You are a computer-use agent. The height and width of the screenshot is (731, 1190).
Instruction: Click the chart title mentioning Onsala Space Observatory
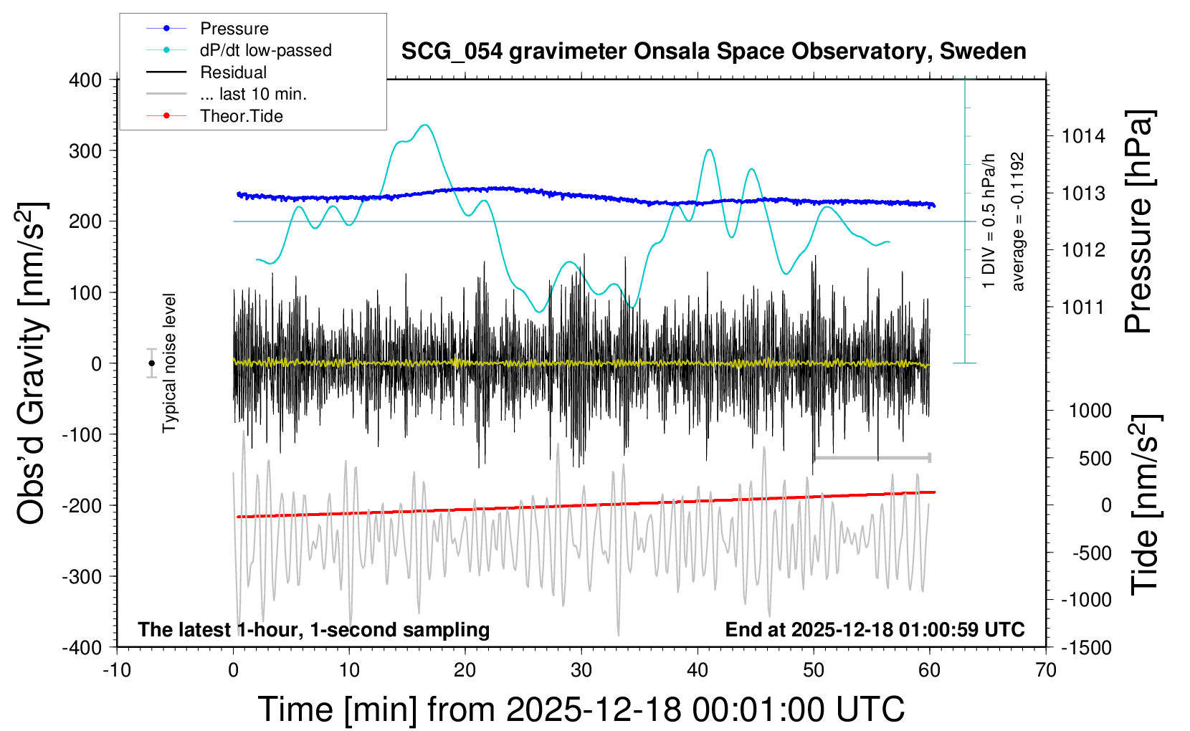(x=713, y=52)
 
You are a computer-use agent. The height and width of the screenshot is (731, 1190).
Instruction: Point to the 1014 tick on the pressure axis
(x=1083, y=136)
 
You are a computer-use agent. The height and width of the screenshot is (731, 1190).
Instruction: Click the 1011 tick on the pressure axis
(x=1083, y=307)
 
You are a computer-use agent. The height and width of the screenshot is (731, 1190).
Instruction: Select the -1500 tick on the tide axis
(x=1086, y=647)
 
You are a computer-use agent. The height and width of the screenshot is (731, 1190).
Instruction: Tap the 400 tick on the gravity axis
(x=85, y=80)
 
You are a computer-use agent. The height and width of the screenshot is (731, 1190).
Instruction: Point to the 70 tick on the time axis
(x=1046, y=671)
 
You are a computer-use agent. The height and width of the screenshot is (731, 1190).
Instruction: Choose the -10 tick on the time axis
(x=117, y=671)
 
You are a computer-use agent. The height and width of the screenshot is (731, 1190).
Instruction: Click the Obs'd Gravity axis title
(x=32, y=363)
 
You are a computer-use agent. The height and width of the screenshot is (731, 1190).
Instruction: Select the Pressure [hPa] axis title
(x=1138, y=221)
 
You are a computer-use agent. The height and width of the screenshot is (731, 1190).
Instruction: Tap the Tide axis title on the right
(x=1144, y=504)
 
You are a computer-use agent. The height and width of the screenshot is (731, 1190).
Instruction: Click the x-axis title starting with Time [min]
(x=581, y=709)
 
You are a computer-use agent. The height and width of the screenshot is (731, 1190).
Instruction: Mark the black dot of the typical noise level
(x=151, y=363)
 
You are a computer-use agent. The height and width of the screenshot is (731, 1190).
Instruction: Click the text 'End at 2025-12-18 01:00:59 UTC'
(x=875, y=630)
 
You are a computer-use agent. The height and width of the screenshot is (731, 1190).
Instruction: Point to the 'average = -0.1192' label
(x=1018, y=221)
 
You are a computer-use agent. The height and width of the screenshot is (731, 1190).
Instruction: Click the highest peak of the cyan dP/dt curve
(x=426, y=125)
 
